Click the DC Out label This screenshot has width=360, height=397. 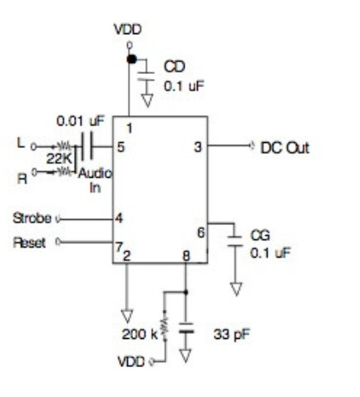pyautogui.click(x=284, y=148)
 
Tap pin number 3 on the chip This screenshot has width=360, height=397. pyautogui.click(x=198, y=147)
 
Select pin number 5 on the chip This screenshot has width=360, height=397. pyautogui.click(x=121, y=147)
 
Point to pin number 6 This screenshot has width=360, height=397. pyautogui.click(x=201, y=233)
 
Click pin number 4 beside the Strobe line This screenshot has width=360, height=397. pyautogui.click(x=119, y=218)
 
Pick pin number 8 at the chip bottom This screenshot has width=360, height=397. pyautogui.click(x=186, y=256)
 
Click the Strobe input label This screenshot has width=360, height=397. pyautogui.click(x=32, y=218)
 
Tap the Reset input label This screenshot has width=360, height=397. pyautogui.click(x=29, y=243)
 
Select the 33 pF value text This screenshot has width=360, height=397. pyautogui.click(x=232, y=335)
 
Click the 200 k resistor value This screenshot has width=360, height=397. pyautogui.click(x=140, y=334)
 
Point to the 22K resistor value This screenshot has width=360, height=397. pyautogui.click(x=59, y=159)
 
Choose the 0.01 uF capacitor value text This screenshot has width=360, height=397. pyautogui.click(x=81, y=121)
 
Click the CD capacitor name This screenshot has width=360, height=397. pyautogui.click(x=175, y=66)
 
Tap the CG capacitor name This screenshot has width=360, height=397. pyautogui.click(x=260, y=235)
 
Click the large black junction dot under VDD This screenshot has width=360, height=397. pyautogui.click(x=131, y=59)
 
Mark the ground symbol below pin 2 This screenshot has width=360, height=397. pyautogui.click(x=127, y=316)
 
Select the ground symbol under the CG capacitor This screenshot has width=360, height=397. pyautogui.click(x=236, y=289)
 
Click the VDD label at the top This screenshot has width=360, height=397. pyautogui.click(x=128, y=30)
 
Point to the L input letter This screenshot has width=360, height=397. pyautogui.click(x=21, y=143)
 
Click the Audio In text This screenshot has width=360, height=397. pyautogui.click(x=95, y=180)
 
